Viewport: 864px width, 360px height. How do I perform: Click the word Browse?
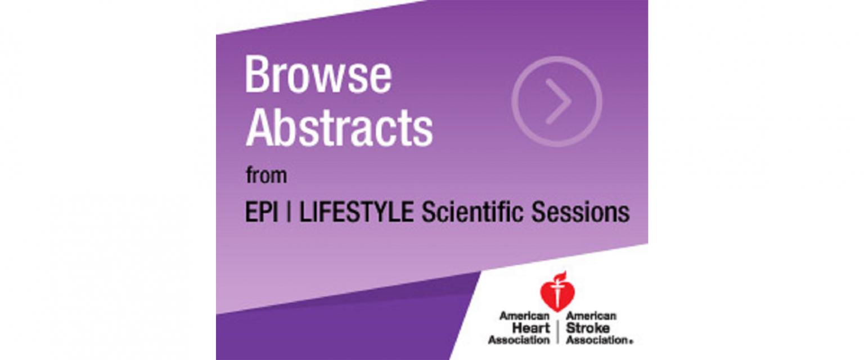pos(318,75)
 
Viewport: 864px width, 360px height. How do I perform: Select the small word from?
pos(267,176)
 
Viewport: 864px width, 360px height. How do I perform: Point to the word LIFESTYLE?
pos(357,212)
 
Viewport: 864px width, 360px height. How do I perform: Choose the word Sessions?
pos(580,212)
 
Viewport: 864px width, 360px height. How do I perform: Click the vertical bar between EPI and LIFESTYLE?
pos(289,212)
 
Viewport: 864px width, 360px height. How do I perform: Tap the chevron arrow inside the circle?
pos(559,101)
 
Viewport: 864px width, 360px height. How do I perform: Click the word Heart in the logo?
pos(531,328)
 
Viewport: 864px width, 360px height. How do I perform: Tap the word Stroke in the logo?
pos(588,328)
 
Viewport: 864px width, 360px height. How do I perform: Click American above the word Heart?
pos(525,316)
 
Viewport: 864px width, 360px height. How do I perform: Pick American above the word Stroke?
pos(591,316)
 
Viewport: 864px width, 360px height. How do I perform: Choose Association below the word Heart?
pos(519,340)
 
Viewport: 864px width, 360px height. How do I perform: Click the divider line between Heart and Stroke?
pos(558,328)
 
